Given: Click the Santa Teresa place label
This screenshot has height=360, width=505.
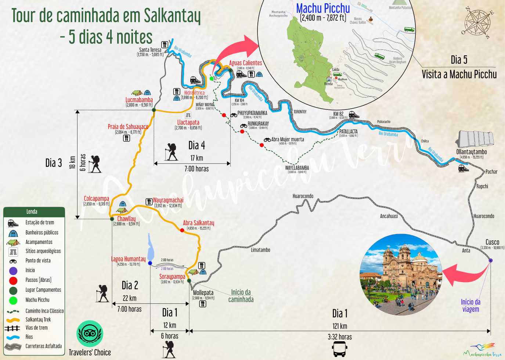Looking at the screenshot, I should click(x=150, y=50).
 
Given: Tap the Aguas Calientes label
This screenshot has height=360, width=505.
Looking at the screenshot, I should click(x=245, y=63).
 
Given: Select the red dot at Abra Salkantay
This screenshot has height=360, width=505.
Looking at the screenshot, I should click(x=182, y=230).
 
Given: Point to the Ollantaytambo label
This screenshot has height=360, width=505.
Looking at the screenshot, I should click(x=472, y=152).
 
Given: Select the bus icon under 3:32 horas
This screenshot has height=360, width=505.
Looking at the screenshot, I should click(x=340, y=349).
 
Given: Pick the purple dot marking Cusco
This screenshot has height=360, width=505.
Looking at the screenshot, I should click(x=490, y=260).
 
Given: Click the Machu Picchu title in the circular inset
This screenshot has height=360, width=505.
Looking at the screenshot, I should click(x=323, y=8).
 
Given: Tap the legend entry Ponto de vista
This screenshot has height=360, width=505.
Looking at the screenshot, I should click(x=38, y=260).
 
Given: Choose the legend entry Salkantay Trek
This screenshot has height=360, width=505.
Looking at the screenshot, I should click(x=38, y=320).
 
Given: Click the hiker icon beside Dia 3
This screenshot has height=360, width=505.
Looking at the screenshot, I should click(x=94, y=164).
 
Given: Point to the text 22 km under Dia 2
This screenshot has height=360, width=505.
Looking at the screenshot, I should click(x=129, y=298).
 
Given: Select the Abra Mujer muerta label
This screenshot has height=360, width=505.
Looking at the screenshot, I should click(x=288, y=140).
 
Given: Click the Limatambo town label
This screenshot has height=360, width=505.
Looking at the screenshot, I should click(x=260, y=250).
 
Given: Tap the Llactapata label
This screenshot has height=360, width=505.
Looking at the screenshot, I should click(x=188, y=122).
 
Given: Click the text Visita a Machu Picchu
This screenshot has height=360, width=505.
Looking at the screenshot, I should click(x=459, y=74).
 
